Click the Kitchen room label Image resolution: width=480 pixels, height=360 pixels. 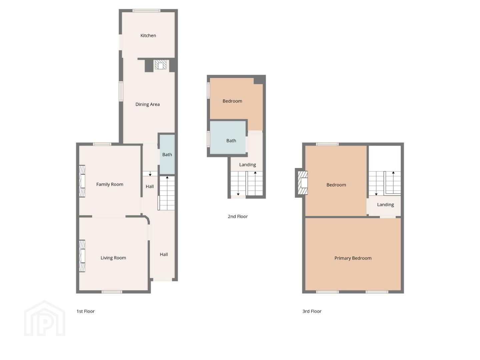tap(148, 35)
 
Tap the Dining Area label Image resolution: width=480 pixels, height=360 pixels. tap(147, 104)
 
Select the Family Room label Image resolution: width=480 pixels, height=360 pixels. tap(110, 184)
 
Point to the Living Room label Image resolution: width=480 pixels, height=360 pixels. tap(113, 258)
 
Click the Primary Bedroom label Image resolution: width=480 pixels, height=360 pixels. tap(353, 258)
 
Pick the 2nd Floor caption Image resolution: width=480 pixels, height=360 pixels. tap(237, 216)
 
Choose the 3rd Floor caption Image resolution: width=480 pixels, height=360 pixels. tap(312, 311)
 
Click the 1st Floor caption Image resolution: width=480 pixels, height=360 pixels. tap(85, 311)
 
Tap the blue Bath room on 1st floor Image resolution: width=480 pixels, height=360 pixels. tap(167, 154)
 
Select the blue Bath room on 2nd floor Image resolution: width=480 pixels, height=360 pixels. tap(228, 137)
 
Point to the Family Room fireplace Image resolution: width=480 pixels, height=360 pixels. tap(82, 181)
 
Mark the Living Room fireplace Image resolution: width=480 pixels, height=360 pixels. tap(82, 256)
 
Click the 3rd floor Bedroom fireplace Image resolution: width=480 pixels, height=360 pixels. tap(303, 183)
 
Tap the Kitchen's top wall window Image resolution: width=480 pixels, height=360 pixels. tap(147, 10)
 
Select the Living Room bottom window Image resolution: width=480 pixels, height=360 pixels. tap(112, 292)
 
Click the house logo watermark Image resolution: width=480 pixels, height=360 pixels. tap(44, 318)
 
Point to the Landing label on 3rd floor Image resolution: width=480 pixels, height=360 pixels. tap(385, 205)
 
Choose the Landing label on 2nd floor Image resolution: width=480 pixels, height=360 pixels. tap(247, 165)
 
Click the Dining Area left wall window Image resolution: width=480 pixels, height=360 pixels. tap(121, 91)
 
